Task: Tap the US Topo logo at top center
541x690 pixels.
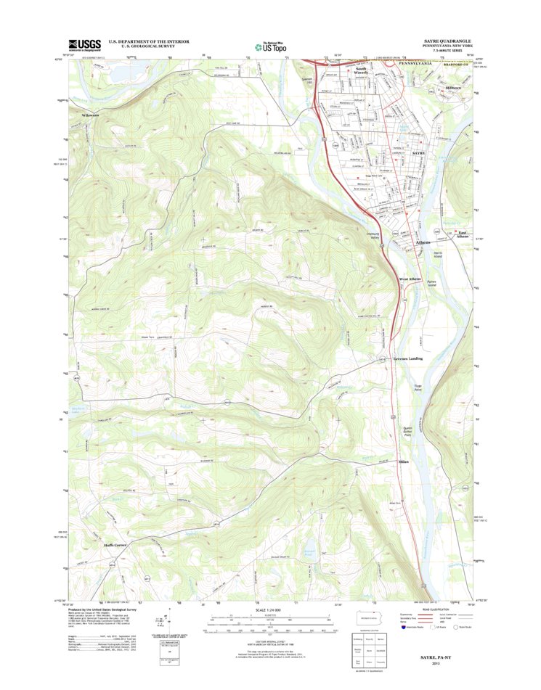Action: pyautogui.click(x=269, y=45)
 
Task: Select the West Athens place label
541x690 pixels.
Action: pyautogui.click(x=409, y=279)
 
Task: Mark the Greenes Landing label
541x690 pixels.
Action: pyautogui.click(x=408, y=358)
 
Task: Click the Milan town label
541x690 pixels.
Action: pyautogui.click(x=404, y=461)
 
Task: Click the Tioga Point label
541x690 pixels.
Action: pyautogui.click(x=417, y=387)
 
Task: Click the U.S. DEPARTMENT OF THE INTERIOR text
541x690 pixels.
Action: pyautogui.click(x=149, y=41)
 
